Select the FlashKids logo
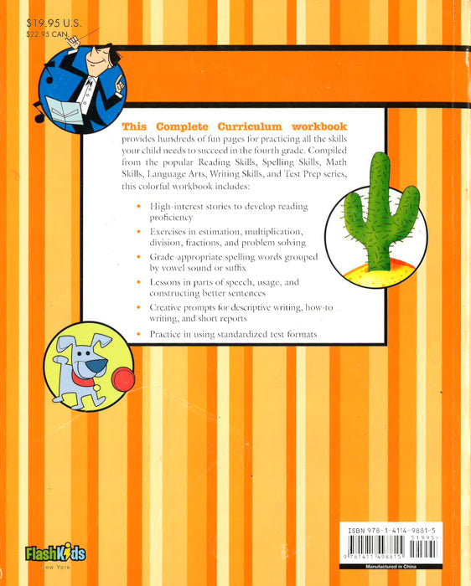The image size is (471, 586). pos(55,553)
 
